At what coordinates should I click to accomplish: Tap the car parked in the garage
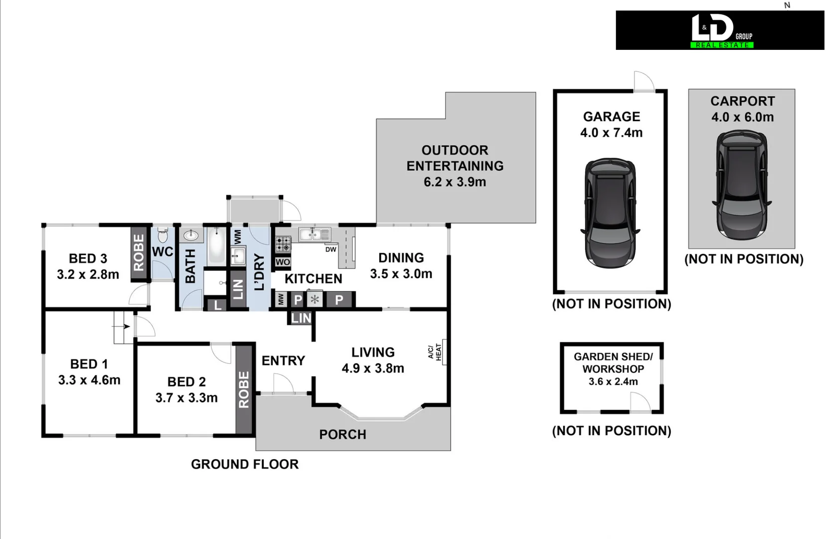pos(610,213)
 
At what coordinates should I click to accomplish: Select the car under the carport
pos(742,185)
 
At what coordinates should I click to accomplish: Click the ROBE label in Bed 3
pos(139,252)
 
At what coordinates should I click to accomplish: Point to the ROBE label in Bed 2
pos(244,389)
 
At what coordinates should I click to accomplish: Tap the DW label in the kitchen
pos(331,250)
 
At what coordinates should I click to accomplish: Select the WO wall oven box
pos(283,262)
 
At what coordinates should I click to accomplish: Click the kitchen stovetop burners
pos(283,244)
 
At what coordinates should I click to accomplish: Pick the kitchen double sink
pos(314,234)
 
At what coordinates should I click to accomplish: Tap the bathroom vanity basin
pos(191,235)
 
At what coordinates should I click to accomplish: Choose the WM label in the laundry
pos(238,237)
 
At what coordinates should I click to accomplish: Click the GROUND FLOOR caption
pos(244,464)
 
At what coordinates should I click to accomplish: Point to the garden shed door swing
pos(640,402)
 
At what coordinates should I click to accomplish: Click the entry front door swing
pos(282,384)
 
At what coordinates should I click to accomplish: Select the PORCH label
pos(343,435)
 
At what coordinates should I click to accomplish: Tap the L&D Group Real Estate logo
pos(720,30)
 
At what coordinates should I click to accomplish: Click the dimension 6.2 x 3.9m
pos(455,182)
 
